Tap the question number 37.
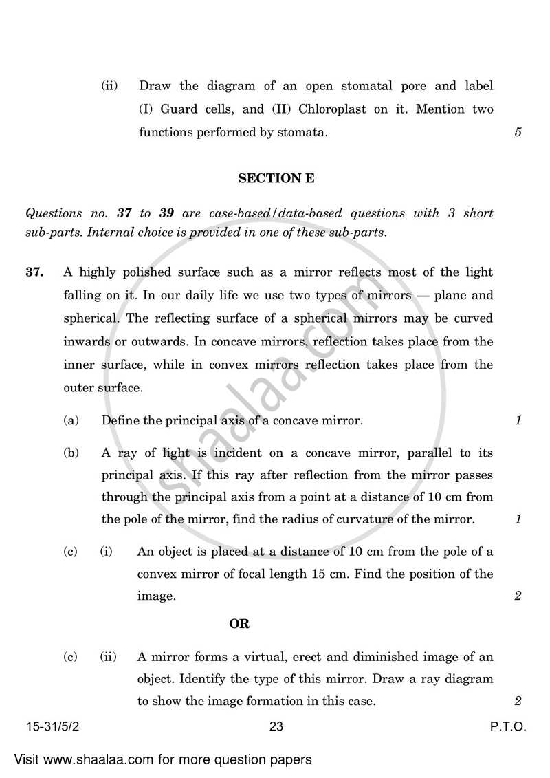pyautogui.click(x=35, y=272)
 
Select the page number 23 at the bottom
pyautogui.click(x=276, y=726)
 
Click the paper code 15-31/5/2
pyautogui.click(x=51, y=726)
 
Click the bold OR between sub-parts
pyautogui.click(x=239, y=624)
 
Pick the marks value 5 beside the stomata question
pyautogui.click(x=518, y=132)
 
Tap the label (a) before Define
pyautogui.click(x=70, y=420)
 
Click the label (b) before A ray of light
pyautogui.click(x=70, y=453)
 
